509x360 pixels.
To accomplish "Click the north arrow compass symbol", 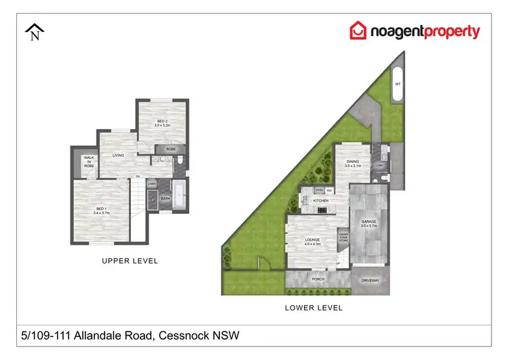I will click(x=35, y=31).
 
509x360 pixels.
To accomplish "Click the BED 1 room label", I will click(x=101, y=209).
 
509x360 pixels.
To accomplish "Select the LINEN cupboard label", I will click(x=152, y=184).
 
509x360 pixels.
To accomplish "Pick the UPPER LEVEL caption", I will click(x=130, y=261).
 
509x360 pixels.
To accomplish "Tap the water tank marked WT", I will click(x=398, y=84).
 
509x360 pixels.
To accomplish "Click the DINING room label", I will click(x=351, y=162).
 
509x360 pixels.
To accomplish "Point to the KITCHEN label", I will click(x=320, y=201).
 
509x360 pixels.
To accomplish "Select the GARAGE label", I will click(x=369, y=221).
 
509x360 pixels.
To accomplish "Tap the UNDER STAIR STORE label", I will click(x=343, y=237).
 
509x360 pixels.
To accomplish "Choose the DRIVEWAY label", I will click(x=371, y=280).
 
